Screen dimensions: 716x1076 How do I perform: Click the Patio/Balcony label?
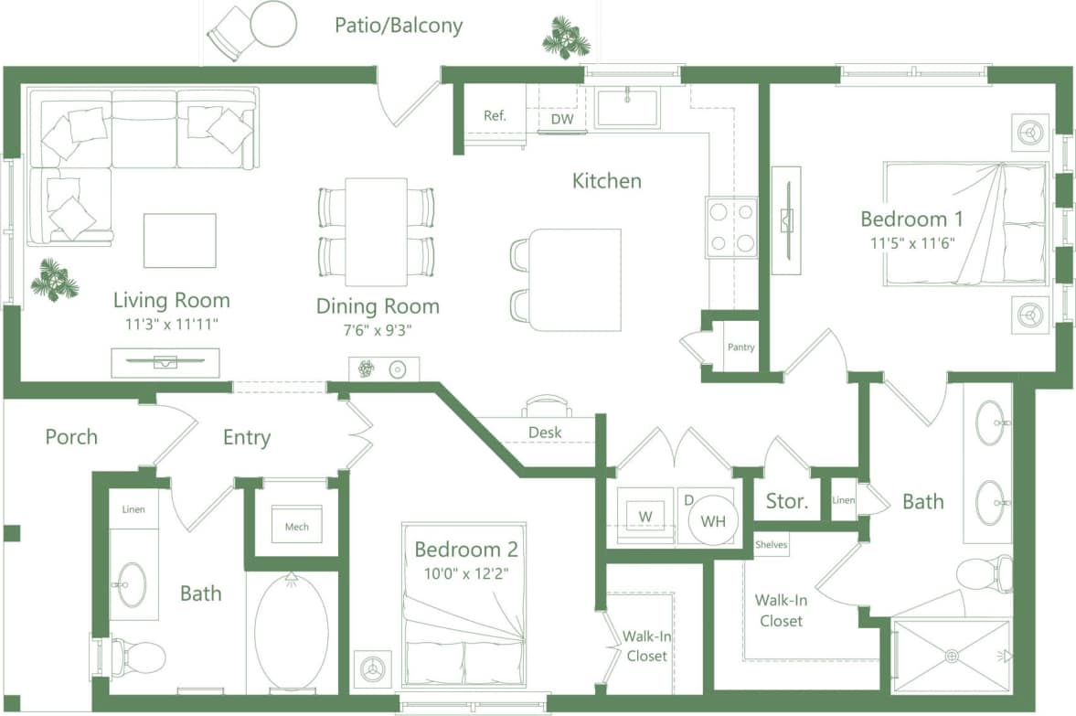click(x=399, y=25)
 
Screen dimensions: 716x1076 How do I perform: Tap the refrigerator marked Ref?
click(x=495, y=116)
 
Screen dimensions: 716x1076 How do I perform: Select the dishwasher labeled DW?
click(x=561, y=119)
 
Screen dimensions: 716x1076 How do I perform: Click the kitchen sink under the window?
click(x=627, y=107)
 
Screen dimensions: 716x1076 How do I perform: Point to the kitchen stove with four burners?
click(x=732, y=227)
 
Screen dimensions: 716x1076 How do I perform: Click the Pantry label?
click(x=740, y=347)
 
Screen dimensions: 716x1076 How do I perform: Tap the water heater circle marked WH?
click(x=712, y=522)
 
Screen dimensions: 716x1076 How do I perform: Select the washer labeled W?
click(x=645, y=516)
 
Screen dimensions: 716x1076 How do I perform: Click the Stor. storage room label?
click(x=786, y=501)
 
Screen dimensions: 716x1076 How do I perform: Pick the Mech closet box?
click(x=296, y=526)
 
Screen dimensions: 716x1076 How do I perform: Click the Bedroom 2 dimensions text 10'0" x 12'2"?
click(x=466, y=574)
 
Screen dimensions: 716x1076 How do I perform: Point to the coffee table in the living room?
click(x=180, y=240)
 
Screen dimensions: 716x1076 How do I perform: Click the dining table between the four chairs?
click(x=376, y=231)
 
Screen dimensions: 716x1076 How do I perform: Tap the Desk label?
click(x=546, y=432)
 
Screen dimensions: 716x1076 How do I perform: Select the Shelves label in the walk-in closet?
click(x=771, y=544)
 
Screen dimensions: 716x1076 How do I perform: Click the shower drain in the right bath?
click(x=951, y=656)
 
